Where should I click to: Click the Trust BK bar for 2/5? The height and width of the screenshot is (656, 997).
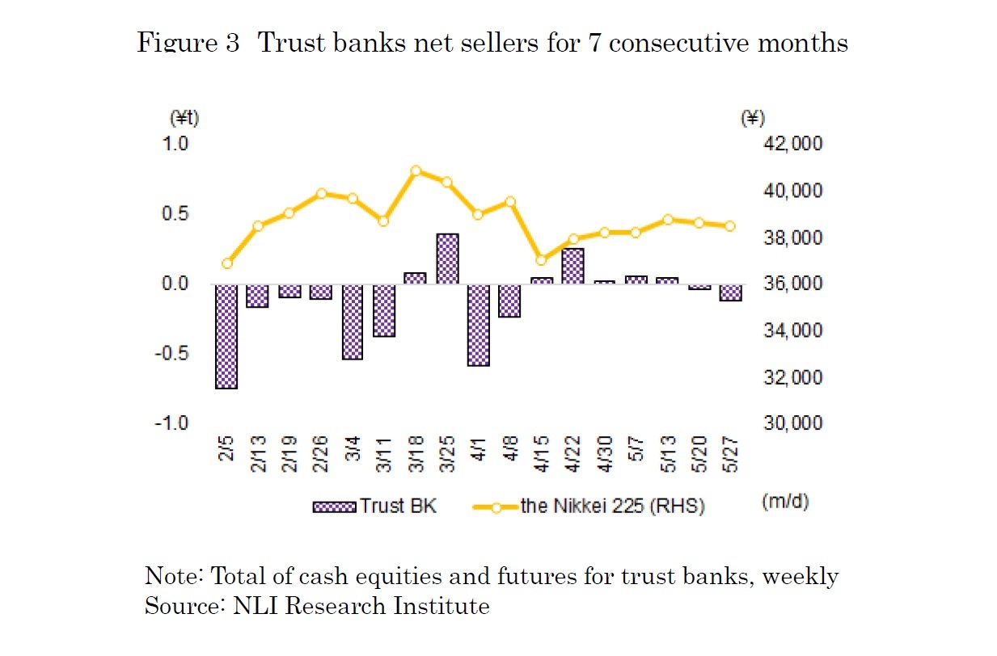[226, 336]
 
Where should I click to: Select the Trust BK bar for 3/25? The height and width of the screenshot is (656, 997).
[447, 259]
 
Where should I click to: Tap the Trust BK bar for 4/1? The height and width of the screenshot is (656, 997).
[479, 325]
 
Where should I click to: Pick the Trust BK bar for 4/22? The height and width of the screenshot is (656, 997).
[573, 266]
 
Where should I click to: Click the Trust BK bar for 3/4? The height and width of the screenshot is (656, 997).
[353, 322]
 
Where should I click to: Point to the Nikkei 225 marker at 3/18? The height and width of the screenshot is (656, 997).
[416, 170]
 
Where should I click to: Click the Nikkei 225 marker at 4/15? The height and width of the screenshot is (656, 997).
[542, 260]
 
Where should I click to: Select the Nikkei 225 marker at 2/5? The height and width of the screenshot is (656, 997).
[227, 263]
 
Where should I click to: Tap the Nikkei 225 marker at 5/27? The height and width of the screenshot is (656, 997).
[730, 226]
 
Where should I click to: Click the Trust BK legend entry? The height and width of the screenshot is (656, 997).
[374, 507]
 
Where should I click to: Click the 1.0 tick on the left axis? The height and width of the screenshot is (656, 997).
[177, 144]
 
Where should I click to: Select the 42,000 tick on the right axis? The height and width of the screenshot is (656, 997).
[792, 144]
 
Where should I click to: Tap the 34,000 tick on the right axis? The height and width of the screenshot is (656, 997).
[792, 330]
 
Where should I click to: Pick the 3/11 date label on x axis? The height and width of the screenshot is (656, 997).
[384, 457]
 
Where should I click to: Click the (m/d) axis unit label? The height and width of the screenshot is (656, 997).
[784, 501]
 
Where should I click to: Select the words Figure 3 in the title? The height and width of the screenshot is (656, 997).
[188, 43]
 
